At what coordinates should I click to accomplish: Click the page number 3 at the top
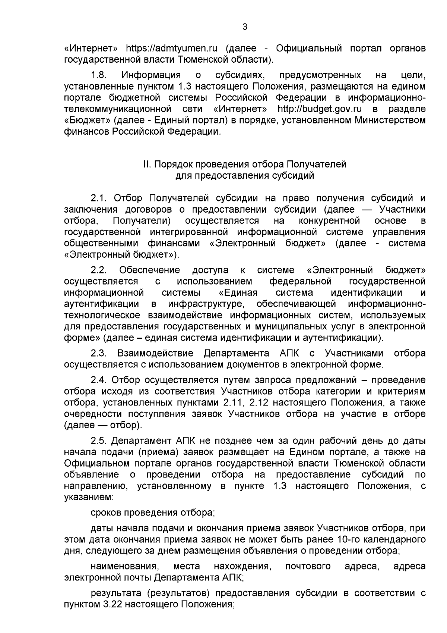click(244, 26)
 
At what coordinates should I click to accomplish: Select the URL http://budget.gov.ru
click(320, 109)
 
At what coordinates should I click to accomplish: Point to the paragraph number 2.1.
click(99, 198)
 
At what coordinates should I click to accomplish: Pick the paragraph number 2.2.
click(99, 270)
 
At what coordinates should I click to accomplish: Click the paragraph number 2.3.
click(99, 353)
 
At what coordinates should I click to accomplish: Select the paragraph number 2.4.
click(99, 380)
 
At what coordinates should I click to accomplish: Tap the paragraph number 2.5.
click(99, 441)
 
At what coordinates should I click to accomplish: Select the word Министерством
click(390, 120)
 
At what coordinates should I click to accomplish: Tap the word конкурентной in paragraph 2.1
click(329, 220)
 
